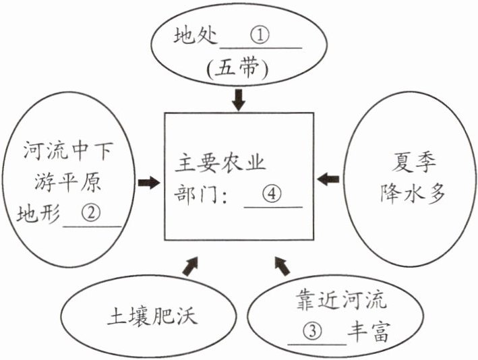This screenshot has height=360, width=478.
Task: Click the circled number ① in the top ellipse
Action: [x=260, y=35]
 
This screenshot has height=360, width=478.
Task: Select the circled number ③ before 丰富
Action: [x=313, y=331]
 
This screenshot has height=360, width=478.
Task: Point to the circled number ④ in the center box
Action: [x=272, y=193]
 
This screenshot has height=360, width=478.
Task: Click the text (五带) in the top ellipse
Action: [x=238, y=68]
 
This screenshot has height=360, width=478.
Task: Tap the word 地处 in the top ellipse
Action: [x=196, y=35]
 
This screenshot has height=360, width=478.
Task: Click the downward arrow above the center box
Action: [x=239, y=100]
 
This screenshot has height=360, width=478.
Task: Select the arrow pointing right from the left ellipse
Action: [x=149, y=183]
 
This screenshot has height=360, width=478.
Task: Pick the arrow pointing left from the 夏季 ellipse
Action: [x=328, y=179]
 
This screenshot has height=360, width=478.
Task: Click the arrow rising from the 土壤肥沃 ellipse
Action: [x=191, y=266]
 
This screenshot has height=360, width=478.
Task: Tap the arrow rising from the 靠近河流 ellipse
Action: [x=282, y=266]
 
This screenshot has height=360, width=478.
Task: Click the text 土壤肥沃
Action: [x=152, y=316]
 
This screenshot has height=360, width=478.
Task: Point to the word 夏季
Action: [x=414, y=163]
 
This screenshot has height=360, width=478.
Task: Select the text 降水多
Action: [x=413, y=193]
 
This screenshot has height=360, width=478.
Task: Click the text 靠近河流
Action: [x=341, y=300]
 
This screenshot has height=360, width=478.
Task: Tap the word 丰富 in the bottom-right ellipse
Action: [x=369, y=331]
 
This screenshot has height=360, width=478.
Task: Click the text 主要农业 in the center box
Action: [x=220, y=162]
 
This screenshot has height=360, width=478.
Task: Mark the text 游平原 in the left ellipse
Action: [x=67, y=182]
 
